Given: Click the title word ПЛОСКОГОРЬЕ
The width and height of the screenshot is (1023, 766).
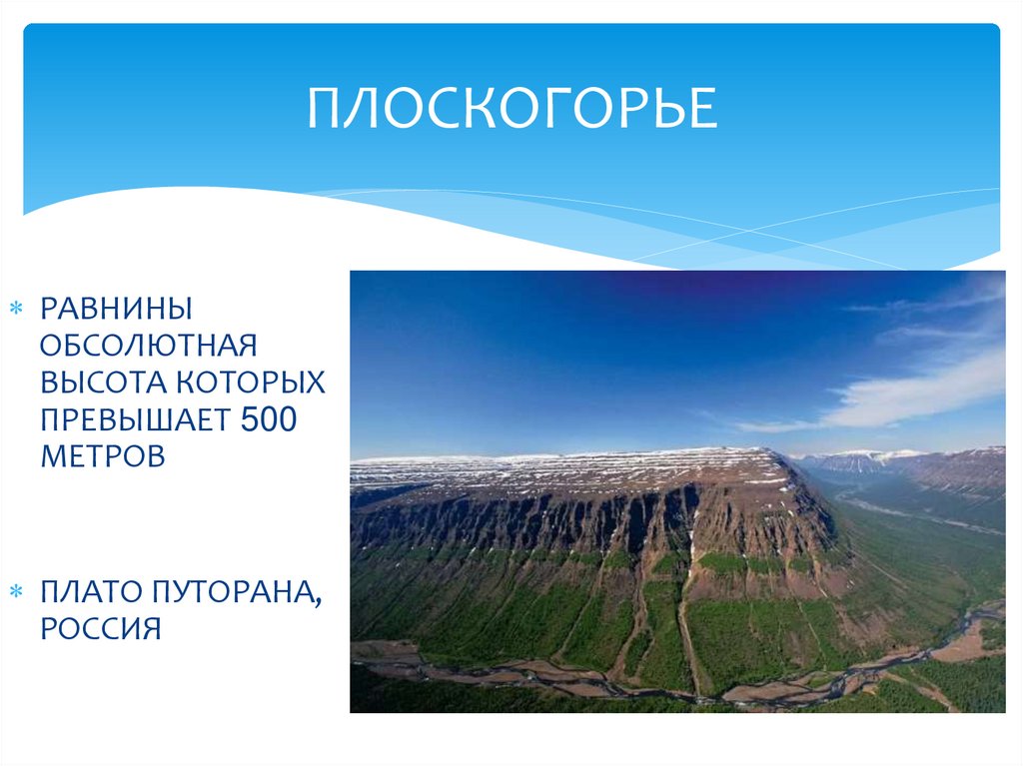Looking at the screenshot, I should click(x=511, y=109).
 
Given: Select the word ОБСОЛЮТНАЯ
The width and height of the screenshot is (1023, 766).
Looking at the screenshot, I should click(x=149, y=346).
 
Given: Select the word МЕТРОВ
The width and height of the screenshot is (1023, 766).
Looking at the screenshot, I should click(x=101, y=456).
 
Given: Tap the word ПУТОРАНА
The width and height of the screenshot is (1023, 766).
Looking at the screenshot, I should click(x=233, y=593).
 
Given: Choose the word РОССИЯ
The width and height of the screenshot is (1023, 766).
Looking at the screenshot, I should click(x=101, y=630).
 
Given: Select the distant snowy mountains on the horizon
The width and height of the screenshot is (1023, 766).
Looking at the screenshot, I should click(x=859, y=461).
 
